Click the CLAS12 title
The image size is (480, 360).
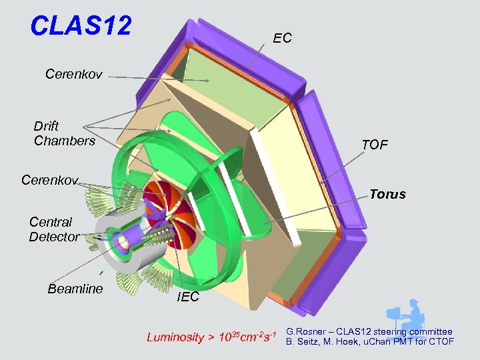click(x=81, y=26)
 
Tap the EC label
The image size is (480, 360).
click(x=282, y=39)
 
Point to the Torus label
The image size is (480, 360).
click(x=387, y=195)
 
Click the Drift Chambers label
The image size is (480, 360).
click(x=64, y=133)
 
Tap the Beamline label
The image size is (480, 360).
click(x=75, y=289)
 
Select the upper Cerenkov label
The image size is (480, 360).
click(x=73, y=74)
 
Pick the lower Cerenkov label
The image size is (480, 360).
click(x=49, y=180)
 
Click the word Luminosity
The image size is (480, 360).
click(x=175, y=337)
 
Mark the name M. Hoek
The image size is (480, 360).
click(x=340, y=342)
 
